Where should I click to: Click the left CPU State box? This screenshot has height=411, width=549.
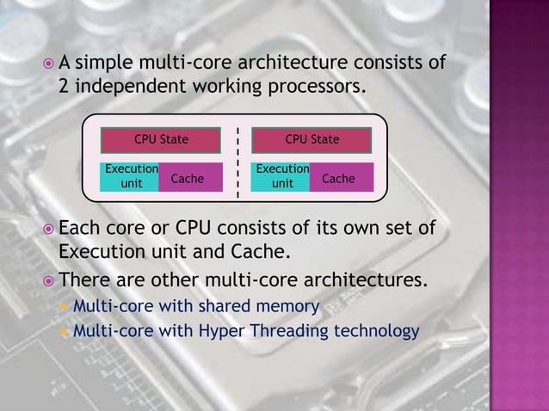coord(161,139)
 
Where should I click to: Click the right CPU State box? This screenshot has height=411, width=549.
coord(312,139)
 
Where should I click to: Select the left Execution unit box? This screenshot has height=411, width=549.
coord(130,177)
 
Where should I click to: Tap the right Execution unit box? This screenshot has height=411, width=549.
coord(281,177)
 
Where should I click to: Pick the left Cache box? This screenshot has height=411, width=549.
coord(188,178)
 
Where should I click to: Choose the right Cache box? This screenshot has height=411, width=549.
coord(339,178)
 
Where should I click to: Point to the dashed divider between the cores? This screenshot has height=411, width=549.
coord(237,163)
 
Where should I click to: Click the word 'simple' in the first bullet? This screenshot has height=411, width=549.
coord(105,63)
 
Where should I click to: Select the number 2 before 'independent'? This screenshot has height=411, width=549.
coord(64,88)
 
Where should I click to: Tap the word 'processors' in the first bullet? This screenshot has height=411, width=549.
coord(313,88)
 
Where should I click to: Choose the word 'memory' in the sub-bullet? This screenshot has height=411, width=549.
coord(292,306)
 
